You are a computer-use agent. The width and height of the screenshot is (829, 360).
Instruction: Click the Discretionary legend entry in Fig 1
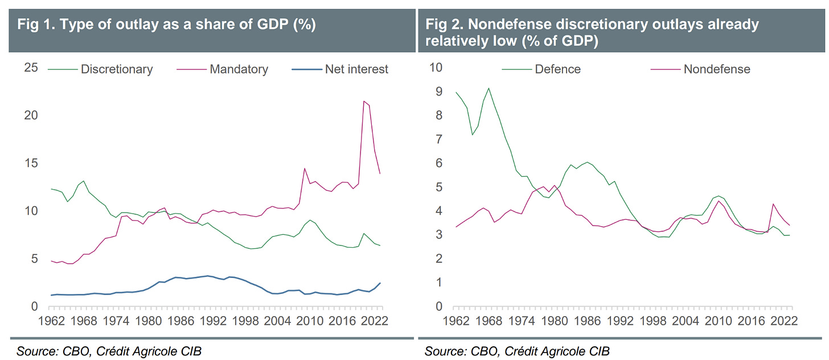pyautogui.click(x=117, y=69)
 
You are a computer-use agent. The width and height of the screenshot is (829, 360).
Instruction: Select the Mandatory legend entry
pyautogui.click(x=239, y=69)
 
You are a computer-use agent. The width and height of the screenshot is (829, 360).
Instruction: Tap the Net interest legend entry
pyautogui.click(x=356, y=69)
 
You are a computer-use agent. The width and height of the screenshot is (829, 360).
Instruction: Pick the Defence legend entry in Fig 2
pyautogui.click(x=557, y=69)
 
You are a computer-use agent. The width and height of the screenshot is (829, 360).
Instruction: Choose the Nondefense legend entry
pyautogui.click(x=717, y=69)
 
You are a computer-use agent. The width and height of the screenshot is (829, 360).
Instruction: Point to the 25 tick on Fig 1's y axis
pyautogui.click(x=31, y=68)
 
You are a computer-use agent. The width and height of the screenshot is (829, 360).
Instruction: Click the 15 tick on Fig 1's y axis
pyautogui.click(x=31, y=163)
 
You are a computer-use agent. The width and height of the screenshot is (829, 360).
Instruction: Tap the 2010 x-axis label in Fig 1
pyautogui.click(x=307, y=321)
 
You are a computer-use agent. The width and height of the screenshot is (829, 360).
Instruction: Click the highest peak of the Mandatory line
pyautogui.click(x=364, y=101)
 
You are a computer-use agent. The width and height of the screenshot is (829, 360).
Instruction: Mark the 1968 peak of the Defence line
pyautogui.click(x=489, y=88)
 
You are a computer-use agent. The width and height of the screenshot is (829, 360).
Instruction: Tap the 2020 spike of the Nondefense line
pyautogui.click(x=773, y=204)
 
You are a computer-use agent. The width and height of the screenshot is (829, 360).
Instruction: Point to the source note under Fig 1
pyautogui.click(x=109, y=351)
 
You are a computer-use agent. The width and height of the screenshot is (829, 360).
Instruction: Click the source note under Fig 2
pyautogui.click(x=517, y=351)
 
